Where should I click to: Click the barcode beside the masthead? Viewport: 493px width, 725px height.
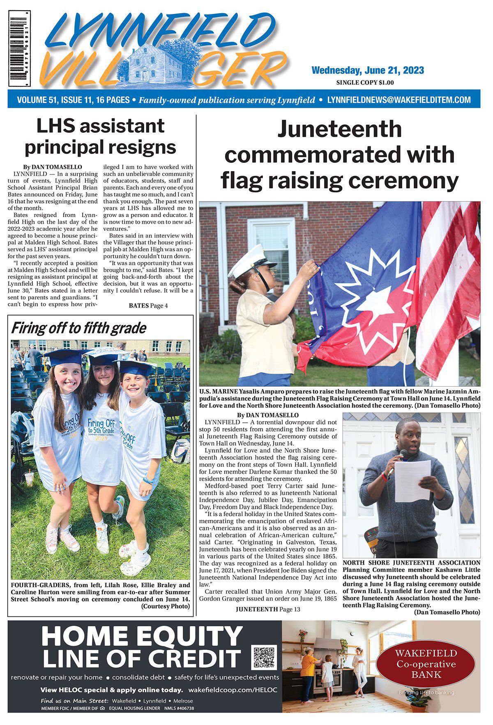(x=19, y=49)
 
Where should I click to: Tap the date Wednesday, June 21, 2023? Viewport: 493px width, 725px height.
(x=367, y=70)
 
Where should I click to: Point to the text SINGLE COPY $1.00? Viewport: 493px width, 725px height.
(x=365, y=83)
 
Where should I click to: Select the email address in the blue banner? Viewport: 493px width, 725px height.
(x=399, y=100)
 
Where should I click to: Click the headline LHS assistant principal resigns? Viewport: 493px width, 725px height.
(x=100, y=137)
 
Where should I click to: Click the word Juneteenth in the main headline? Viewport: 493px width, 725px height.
(x=339, y=129)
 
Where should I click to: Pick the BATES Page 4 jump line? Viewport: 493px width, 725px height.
(x=148, y=306)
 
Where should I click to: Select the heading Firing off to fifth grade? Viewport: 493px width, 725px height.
(x=78, y=328)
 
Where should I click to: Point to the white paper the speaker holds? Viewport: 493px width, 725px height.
(x=412, y=481)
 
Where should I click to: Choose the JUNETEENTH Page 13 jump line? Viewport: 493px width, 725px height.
(x=268, y=609)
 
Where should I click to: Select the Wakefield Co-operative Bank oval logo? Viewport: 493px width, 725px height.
(x=426, y=664)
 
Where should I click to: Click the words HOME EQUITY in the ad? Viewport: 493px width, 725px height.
(x=142, y=636)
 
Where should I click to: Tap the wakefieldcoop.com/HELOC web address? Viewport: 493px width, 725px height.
(x=233, y=690)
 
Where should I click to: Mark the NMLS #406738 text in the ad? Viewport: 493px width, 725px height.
(x=179, y=709)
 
